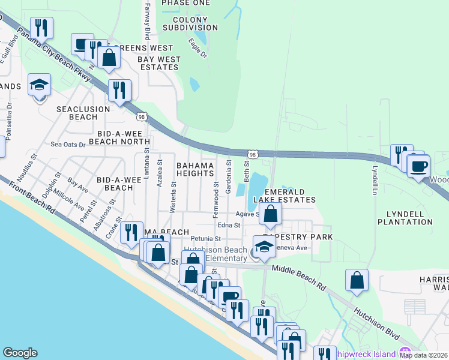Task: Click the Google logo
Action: click(20, 353)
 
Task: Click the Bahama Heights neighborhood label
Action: click(194, 169)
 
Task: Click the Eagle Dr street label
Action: click(197, 49)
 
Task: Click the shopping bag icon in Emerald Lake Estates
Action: click(271, 214)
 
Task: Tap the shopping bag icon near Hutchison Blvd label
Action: click(357, 280)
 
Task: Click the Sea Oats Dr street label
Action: click(68, 145)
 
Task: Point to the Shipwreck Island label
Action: click(366, 353)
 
